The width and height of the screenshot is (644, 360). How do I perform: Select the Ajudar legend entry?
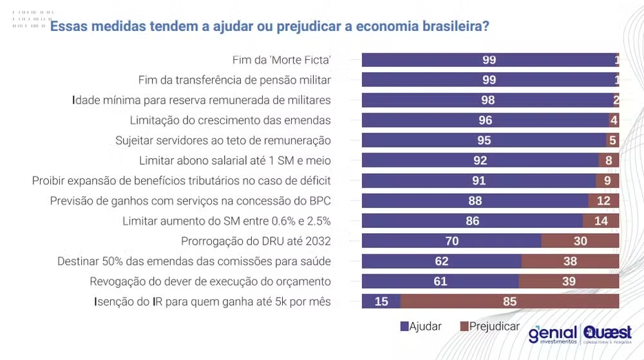[x=421, y=326]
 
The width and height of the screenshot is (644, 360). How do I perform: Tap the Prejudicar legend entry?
[x=490, y=326]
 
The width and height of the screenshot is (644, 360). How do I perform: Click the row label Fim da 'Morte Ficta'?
[x=281, y=60]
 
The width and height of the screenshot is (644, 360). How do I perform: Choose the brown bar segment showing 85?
[x=510, y=301]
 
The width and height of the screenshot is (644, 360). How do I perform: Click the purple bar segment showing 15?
[x=381, y=301]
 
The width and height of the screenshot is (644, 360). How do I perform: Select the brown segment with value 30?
[x=580, y=242]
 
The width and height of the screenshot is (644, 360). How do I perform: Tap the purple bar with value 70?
[x=451, y=242]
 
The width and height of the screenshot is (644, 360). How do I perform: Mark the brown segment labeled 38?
[x=570, y=261]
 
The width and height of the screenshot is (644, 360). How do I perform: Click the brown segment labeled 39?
[x=569, y=281]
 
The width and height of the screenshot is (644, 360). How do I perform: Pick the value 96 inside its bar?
[x=485, y=120]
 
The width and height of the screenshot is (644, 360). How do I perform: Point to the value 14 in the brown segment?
[x=601, y=221]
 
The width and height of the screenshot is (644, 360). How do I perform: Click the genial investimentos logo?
[x=553, y=334]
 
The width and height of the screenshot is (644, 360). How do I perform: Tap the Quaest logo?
[x=607, y=334]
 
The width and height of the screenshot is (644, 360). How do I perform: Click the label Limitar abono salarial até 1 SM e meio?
[x=235, y=160]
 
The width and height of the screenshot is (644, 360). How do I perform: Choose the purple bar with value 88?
[x=475, y=201]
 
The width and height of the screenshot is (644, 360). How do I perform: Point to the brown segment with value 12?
[x=603, y=201]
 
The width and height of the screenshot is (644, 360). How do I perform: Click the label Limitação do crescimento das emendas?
[x=231, y=120]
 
